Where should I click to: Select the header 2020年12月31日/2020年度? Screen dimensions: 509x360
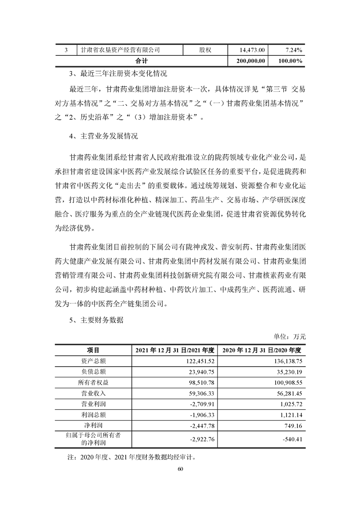click(x=262, y=350)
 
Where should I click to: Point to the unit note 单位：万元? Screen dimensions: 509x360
click(x=290, y=337)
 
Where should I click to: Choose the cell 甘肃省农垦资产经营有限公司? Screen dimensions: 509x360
click(x=120, y=49)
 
